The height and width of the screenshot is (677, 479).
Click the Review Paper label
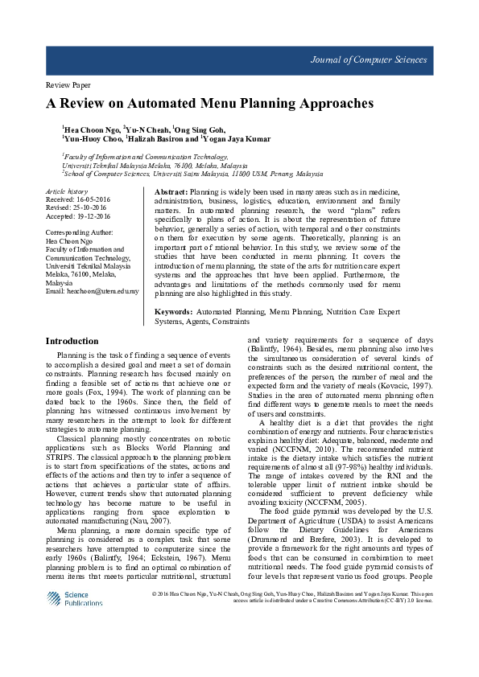click(x=64, y=84)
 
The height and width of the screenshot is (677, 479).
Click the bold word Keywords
click(x=172, y=311)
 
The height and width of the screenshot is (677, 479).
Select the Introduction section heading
click(x=72, y=341)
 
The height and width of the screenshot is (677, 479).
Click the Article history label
click(x=67, y=191)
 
